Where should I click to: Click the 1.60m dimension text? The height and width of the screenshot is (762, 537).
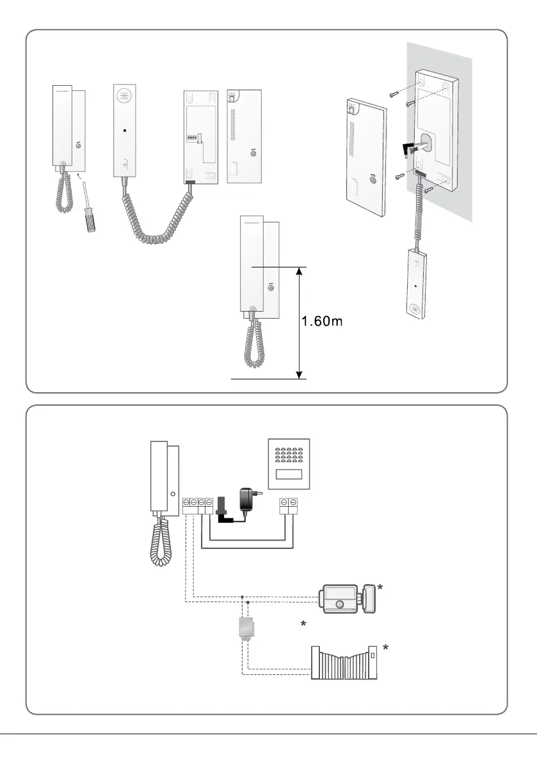(x=323, y=322)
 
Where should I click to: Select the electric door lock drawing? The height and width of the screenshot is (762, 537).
(x=346, y=598)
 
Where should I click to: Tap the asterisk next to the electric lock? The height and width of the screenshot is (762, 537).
(x=380, y=587)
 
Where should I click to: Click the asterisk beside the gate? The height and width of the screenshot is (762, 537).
(x=385, y=649)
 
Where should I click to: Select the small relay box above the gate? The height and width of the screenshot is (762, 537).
(x=245, y=629)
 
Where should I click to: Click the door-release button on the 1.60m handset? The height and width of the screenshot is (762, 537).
(x=269, y=289)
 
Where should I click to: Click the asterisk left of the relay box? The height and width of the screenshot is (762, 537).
(x=303, y=623)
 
